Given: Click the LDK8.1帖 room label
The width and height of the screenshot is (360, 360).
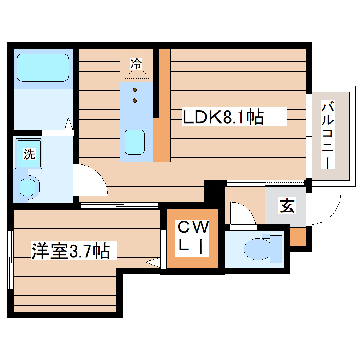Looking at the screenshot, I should click(223, 118).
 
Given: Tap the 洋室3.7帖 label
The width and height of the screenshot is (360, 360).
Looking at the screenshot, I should click(70, 251).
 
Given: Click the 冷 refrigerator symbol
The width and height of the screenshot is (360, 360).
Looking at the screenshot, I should click(137, 64).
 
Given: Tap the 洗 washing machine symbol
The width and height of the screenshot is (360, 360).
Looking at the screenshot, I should click(29, 154).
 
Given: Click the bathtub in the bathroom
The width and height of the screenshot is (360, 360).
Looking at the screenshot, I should click(43, 68).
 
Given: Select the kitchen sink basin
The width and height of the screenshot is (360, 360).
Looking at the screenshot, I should click(135, 142).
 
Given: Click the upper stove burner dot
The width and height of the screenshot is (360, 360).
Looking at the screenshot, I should click(135, 90).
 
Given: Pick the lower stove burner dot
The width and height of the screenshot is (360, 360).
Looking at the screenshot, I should click(135, 101).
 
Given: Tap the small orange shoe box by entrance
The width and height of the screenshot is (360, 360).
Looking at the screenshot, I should click(298, 237).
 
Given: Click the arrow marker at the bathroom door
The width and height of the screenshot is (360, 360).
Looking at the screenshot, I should click(69, 124).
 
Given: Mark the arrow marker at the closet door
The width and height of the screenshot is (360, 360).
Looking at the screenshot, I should click(152, 262).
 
